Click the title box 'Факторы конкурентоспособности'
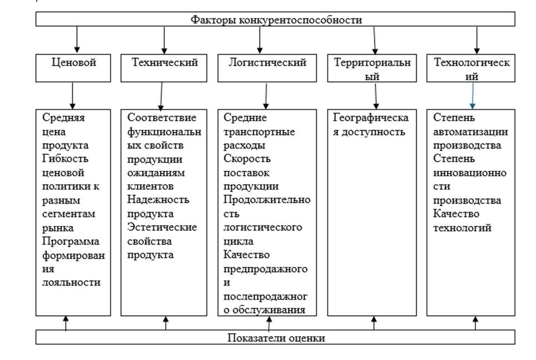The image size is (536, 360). point(276,20)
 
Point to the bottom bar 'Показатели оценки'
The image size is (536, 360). point(276,338)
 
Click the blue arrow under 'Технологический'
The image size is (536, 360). point(473,96)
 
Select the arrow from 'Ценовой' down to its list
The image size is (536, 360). point(73,96)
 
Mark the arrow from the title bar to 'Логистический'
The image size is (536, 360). point(259,40)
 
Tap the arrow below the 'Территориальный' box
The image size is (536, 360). point(376,96)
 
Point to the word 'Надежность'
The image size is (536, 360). point(159,200)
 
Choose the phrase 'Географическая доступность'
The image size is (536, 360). point(371,125)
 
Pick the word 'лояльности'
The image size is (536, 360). point(71,282)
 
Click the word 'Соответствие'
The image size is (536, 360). point(162,118)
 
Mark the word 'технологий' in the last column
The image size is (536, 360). point(462,228)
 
